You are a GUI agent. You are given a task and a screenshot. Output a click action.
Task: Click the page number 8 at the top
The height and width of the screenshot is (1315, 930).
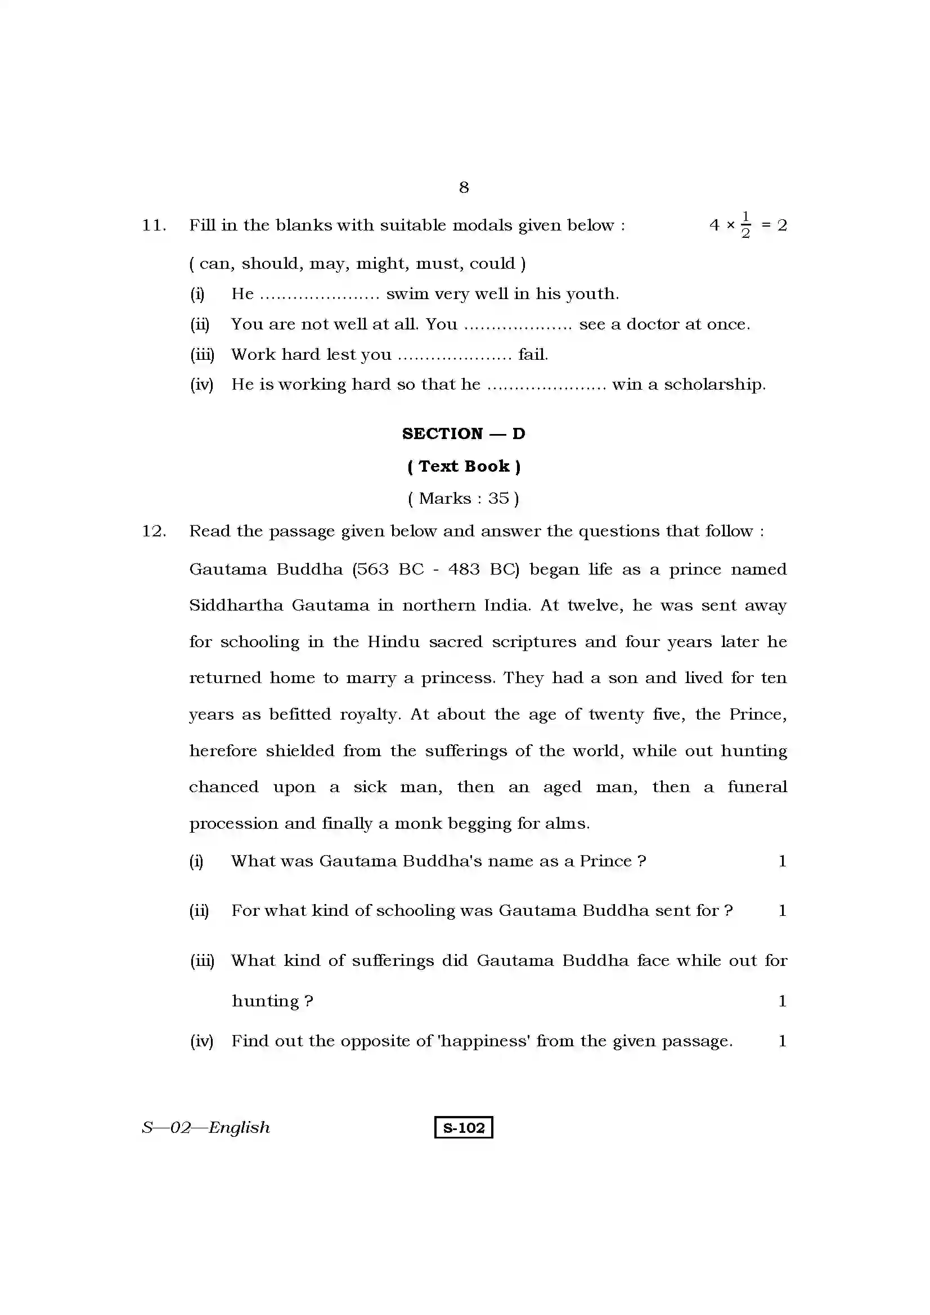tap(464, 187)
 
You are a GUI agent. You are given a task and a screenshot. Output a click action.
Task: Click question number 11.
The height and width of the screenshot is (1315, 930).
tap(154, 225)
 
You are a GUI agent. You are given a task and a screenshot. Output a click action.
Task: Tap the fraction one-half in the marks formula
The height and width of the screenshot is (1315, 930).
tap(745, 225)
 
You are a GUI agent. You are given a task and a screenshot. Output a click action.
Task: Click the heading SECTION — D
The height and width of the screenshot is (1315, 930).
tap(464, 433)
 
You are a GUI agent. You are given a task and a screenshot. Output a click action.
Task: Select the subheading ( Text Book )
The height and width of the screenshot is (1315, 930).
tap(464, 466)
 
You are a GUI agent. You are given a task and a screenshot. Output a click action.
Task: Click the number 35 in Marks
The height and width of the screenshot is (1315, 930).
tap(498, 498)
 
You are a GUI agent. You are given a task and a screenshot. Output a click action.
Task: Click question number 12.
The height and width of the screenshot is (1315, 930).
tap(154, 531)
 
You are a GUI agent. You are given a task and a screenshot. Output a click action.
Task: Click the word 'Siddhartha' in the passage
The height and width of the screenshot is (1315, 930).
tap(236, 605)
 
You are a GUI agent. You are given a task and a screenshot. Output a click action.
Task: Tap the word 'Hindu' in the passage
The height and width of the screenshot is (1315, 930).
tap(393, 641)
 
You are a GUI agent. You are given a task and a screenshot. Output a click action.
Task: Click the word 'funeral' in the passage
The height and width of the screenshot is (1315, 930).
tap(757, 787)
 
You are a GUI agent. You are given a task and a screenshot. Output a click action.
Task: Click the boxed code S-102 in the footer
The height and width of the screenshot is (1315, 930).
tap(464, 1127)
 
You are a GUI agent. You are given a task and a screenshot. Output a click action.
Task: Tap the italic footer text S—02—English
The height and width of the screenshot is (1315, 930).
tap(206, 1127)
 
